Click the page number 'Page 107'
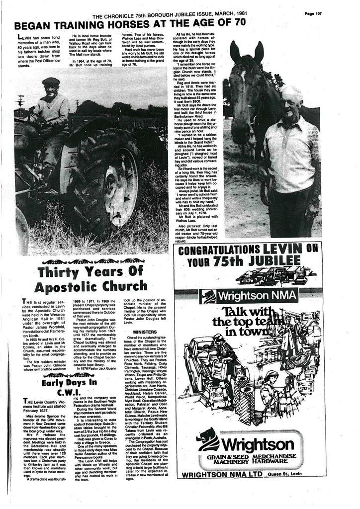pos(314,13)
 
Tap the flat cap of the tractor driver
pos(51,82)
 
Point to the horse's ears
pos(247,51)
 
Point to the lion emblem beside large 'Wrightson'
pos(208,439)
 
